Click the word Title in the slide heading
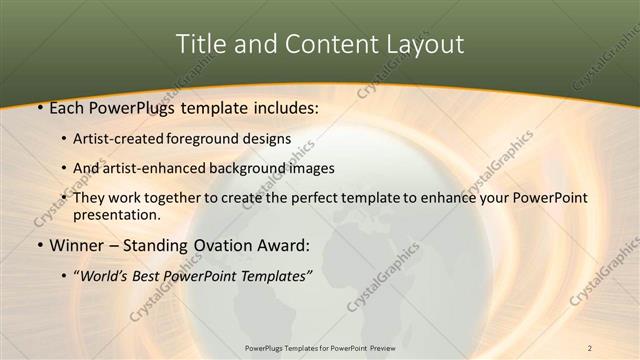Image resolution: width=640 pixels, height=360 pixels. click(200, 45)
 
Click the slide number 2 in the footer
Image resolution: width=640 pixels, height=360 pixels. click(590, 347)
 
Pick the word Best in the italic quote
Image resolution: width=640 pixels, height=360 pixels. click(156, 274)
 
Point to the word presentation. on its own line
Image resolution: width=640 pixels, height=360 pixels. click(116, 214)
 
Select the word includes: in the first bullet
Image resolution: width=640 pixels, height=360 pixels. click(284, 106)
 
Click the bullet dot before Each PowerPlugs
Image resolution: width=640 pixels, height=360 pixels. click(38, 106)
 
